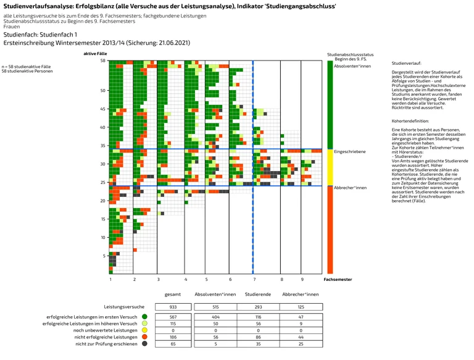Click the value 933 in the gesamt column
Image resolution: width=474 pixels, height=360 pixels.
tap(173, 307)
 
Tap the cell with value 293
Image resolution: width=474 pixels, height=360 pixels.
tap(257, 307)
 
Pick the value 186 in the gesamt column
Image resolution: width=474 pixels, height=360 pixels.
tap(173, 337)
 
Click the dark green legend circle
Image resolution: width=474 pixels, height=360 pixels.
tap(144, 317)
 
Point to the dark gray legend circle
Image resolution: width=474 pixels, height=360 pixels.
tap(144, 343)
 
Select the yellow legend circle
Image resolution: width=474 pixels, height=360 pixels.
tap(144, 330)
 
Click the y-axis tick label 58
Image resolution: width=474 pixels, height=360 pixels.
tap(104, 61)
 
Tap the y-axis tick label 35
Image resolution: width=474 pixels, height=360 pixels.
tap(104, 146)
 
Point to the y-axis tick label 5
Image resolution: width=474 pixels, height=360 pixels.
tap(105, 256)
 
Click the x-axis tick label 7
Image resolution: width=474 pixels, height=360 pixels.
tap(254, 280)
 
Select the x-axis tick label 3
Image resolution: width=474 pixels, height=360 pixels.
tap(158, 280)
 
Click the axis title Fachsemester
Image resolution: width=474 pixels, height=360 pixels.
tap(338, 280)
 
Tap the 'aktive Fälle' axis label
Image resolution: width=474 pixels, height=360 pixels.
tap(96, 54)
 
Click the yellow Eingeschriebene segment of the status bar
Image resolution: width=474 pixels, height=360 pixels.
tap(330, 167)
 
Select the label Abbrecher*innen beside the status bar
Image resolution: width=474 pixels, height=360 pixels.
tap(350, 188)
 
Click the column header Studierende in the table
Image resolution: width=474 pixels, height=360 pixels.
tap(257, 294)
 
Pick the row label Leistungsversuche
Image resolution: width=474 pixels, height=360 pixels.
tap(124, 307)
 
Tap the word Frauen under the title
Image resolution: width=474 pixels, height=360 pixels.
tap(11, 27)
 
